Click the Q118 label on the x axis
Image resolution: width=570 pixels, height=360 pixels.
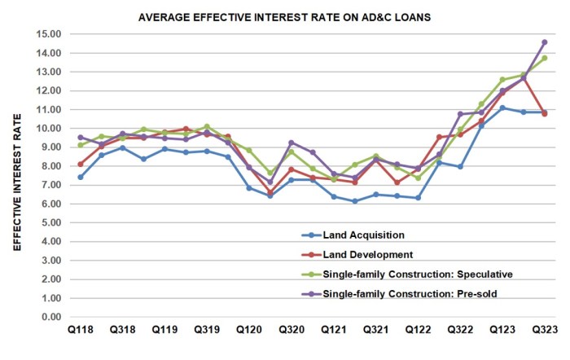(80, 331)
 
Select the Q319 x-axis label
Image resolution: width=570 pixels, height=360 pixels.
(207, 331)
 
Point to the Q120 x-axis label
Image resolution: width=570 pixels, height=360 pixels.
(249, 331)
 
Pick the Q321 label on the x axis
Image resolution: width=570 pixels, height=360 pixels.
(375, 331)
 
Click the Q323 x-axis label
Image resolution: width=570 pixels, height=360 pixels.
(544, 331)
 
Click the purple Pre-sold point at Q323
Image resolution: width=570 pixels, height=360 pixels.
(545, 42)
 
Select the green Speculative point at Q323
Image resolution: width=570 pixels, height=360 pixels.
(545, 58)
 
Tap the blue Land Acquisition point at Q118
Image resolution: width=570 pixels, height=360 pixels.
(81, 177)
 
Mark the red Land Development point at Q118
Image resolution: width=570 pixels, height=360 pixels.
(81, 164)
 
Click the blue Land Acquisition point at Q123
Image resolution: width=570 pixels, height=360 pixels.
(502, 108)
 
